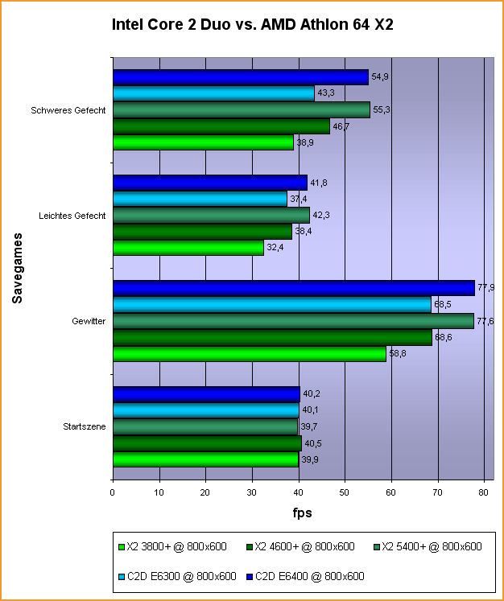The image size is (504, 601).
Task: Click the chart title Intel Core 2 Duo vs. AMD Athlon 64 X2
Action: coord(252,25)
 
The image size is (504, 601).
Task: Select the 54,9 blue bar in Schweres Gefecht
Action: coord(240,77)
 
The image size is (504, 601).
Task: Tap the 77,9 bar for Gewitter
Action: coord(293,288)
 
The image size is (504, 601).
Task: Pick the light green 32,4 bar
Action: coord(188,248)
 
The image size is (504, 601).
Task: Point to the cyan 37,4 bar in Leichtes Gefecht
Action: coord(200,199)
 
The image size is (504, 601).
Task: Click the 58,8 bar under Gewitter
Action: coord(249,354)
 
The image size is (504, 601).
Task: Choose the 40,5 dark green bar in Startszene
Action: coord(207,443)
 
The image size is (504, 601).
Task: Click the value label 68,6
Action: coord(444,337)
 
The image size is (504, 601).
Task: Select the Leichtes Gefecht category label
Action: coord(72,215)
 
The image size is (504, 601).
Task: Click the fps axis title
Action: coord(301,512)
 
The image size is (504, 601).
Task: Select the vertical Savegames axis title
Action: coord(17,268)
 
